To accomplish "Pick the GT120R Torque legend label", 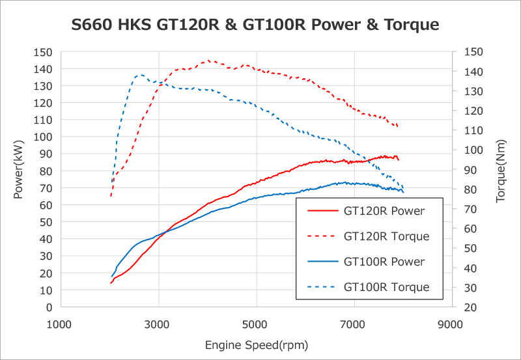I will coord(386,236).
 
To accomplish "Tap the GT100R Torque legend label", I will coord(386,287).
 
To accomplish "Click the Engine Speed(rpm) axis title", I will coord(256,344).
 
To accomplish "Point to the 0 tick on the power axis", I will coord(49,307).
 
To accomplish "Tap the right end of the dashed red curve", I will coord(398,126).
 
